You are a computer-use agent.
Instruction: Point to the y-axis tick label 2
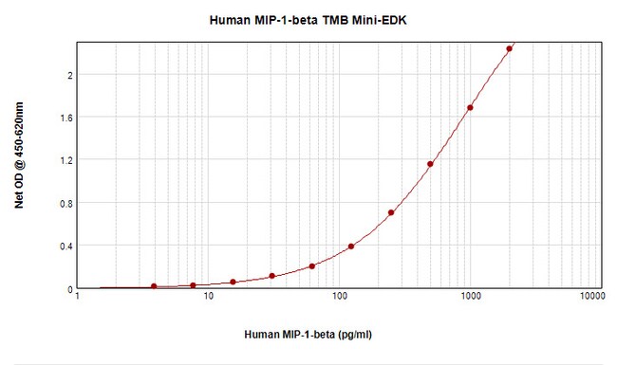coord(68,75)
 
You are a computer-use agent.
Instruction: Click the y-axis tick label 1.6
coord(65,118)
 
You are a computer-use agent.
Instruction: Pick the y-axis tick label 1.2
coord(65,160)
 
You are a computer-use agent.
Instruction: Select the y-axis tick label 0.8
coord(65,203)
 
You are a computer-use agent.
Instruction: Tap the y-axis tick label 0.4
coord(65,246)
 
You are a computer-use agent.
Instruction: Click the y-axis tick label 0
coord(68,288)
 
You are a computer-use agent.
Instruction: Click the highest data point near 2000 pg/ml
coord(510,48)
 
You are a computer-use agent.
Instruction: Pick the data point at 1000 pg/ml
coord(470,108)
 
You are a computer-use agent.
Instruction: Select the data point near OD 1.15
coord(430,164)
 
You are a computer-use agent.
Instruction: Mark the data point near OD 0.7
coord(391,212)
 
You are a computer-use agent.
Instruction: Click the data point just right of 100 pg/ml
coord(351,246)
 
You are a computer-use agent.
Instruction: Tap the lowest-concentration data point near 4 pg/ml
coord(154,286)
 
